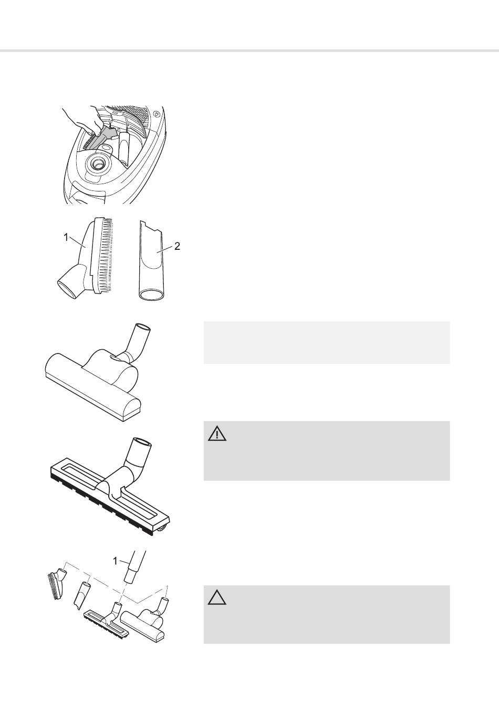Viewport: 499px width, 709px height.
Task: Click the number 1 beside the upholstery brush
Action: coord(66,237)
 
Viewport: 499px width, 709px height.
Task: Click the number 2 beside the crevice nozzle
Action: coord(177,246)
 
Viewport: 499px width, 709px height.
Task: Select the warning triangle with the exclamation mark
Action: coord(217,433)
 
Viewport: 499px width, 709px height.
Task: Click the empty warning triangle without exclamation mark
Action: coord(217,597)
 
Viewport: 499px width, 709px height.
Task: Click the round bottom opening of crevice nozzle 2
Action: coord(151,295)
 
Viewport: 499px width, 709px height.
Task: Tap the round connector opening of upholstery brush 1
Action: coord(67,288)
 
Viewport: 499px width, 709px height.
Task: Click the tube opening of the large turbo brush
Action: coord(143,327)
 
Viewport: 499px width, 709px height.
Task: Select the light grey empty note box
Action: coord(327,342)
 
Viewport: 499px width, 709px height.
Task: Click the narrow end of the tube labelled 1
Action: coord(130,579)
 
